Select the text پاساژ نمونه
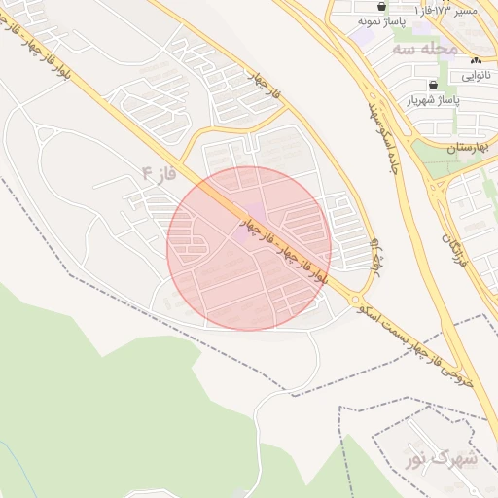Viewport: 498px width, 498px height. pyautogui.click(x=380, y=20)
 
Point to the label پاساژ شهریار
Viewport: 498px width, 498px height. pyautogui.click(x=430, y=99)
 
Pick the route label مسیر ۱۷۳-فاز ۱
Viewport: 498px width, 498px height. pyautogui.click(x=445, y=9)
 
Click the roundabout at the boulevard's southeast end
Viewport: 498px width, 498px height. pyautogui.click(x=356, y=299)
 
